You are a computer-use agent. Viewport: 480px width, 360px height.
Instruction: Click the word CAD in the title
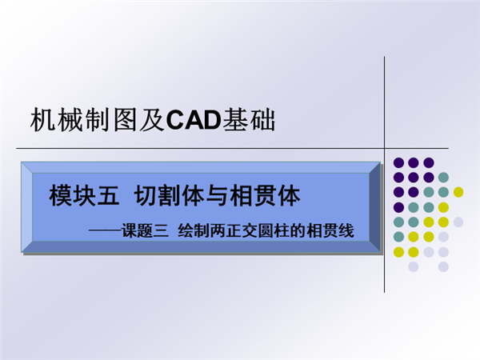click(194, 120)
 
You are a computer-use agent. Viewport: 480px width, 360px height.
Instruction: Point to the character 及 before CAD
click(152, 120)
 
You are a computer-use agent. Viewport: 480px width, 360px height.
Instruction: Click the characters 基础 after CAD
click(248, 120)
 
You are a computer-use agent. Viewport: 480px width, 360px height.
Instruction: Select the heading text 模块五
click(84, 196)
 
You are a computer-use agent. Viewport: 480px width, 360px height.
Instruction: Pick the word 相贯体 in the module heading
click(265, 196)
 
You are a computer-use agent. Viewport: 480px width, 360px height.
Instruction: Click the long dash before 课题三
click(105, 231)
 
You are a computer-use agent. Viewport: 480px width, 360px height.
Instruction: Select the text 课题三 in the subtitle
click(145, 231)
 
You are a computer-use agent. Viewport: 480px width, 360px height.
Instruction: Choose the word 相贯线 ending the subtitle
click(330, 231)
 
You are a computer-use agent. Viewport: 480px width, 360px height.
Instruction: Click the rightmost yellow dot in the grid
click(458, 192)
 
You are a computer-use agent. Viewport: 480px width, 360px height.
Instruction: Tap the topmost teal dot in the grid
click(443, 178)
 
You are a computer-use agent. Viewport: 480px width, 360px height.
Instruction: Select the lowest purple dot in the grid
click(398, 207)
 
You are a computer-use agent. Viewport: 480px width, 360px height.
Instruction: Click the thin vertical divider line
click(385, 174)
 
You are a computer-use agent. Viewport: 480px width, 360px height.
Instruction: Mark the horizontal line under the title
click(232, 149)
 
